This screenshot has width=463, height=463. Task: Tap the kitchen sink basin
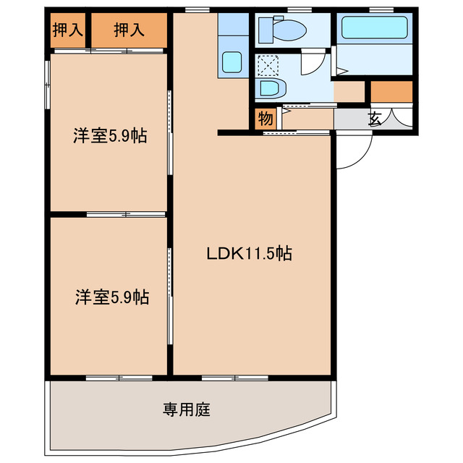[233, 63]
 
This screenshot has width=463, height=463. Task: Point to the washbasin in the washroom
[273, 89]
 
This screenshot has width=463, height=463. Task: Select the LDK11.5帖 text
[249, 254]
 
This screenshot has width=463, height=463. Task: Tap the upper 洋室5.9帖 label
[110, 135]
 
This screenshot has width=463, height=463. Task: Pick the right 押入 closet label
[129, 30]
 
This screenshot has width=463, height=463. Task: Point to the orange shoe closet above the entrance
[391, 92]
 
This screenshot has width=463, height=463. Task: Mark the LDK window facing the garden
[234, 378]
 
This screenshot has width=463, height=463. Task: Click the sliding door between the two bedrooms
[127, 214]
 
